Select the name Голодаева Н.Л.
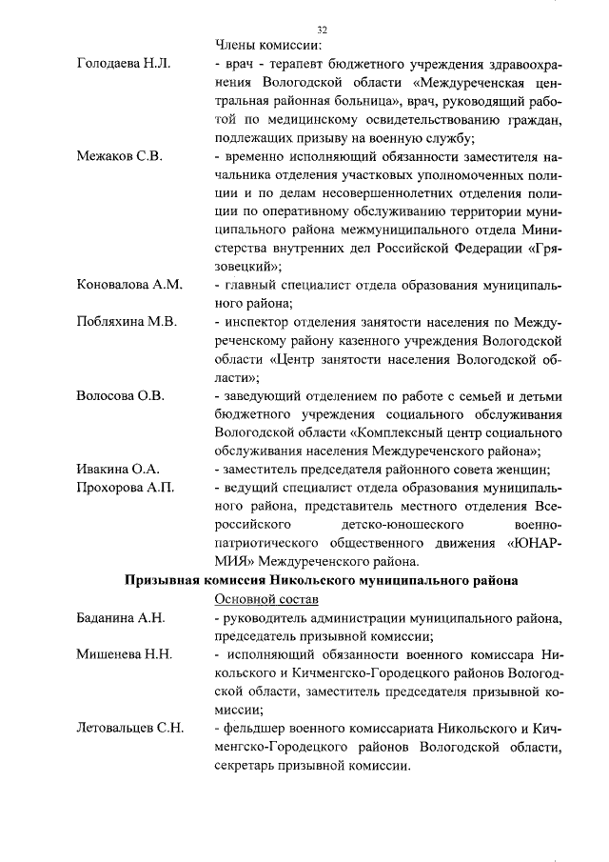pyautogui.click(x=123, y=64)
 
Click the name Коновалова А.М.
pyautogui.click(x=128, y=285)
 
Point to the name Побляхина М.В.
pyautogui.click(x=127, y=321)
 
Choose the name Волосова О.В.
pyautogui.click(x=120, y=395)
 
